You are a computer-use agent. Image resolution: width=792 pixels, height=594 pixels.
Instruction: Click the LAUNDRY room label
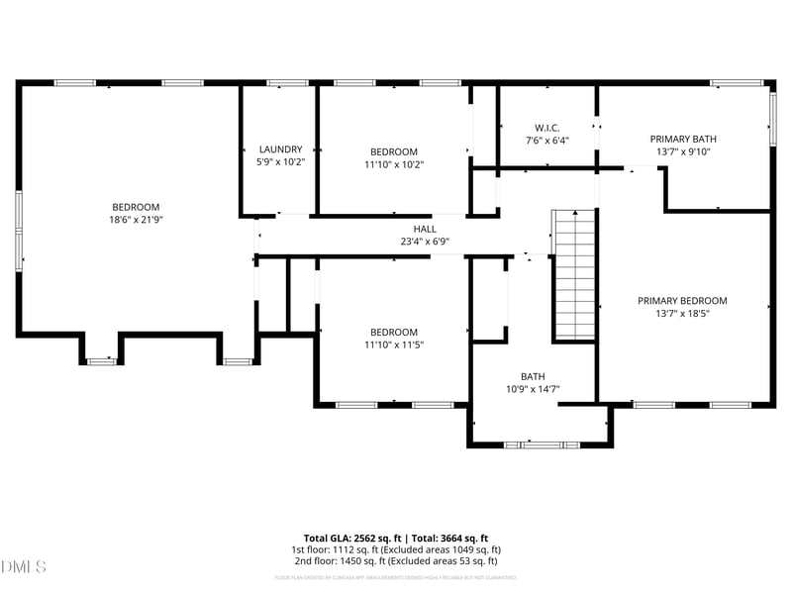click(280, 149)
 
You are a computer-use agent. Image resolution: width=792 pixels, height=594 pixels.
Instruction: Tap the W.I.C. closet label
click(547, 128)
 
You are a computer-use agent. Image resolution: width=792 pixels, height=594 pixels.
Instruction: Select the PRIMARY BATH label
click(683, 140)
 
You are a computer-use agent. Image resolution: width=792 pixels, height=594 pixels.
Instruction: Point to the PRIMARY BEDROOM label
click(682, 301)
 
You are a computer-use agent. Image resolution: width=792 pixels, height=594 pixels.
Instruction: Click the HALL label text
click(425, 229)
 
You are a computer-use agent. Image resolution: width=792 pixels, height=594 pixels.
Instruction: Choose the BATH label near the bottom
click(533, 376)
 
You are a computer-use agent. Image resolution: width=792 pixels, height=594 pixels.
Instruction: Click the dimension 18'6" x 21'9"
click(136, 220)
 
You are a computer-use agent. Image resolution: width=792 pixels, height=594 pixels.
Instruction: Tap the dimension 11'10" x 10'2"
click(393, 164)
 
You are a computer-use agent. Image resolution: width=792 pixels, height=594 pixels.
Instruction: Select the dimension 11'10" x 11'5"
click(393, 345)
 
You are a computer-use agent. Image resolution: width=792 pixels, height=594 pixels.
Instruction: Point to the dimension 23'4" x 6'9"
click(425, 241)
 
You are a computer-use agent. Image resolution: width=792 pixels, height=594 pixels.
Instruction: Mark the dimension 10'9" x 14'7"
click(533, 389)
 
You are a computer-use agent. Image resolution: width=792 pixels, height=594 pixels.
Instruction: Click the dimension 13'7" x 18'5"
click(682, 313)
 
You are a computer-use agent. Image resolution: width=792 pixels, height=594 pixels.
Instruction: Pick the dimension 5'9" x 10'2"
click(280, 161)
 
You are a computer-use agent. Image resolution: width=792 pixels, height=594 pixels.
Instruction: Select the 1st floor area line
click(395, 549)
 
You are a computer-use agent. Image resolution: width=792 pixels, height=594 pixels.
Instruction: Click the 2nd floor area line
click(395, 561)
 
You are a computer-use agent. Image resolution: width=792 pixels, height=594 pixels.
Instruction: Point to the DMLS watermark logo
click(24, 567)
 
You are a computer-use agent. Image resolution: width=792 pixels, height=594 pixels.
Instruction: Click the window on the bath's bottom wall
click(541, 445)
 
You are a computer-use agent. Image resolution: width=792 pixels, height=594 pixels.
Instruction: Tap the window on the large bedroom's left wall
click(18, 230)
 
